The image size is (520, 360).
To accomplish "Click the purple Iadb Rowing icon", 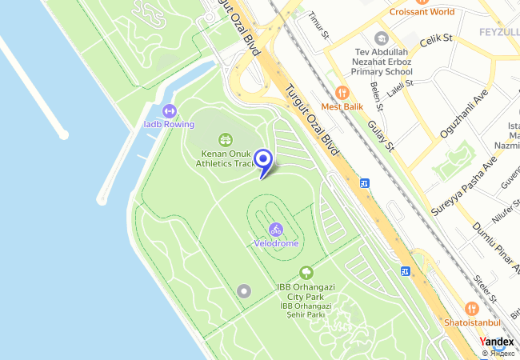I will [169, 111].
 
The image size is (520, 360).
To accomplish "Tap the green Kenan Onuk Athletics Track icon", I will [225, 140].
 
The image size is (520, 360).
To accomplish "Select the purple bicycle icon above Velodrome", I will [276, 230].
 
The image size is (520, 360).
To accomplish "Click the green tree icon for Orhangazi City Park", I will [306, 274].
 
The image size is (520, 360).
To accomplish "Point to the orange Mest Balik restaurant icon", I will [342, 93].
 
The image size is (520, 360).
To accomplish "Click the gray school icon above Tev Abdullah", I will [382, 38].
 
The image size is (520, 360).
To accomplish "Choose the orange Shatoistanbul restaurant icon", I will [472, 309].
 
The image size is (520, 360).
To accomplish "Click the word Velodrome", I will [276, 242].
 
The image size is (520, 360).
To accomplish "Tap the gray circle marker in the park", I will [244, 290].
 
